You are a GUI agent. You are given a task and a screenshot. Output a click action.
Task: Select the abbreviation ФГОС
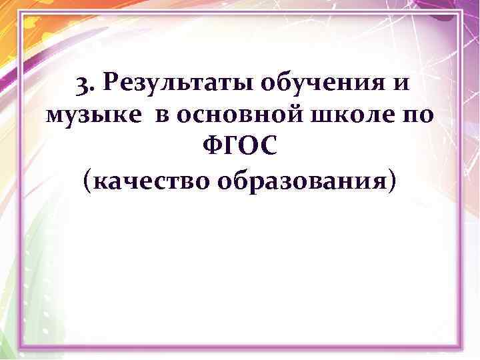[241, 148]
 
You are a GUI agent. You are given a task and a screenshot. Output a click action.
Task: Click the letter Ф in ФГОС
[213, 148]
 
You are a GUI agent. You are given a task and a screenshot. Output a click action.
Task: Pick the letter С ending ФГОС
[267, 148]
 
